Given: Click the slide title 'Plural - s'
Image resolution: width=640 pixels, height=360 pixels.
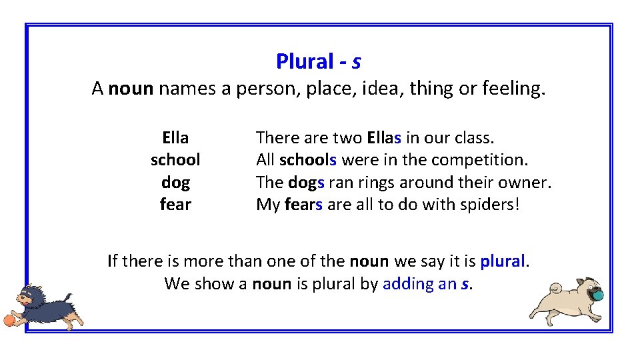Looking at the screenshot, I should click(319, 61).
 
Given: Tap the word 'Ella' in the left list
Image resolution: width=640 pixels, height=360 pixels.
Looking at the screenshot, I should click(175, 138).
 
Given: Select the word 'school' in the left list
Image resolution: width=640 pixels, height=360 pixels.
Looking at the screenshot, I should click(175, 160).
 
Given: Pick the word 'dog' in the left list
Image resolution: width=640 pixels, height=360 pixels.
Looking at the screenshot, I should click(175, 182).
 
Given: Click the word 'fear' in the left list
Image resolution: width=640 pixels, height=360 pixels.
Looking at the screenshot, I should click(175, 204).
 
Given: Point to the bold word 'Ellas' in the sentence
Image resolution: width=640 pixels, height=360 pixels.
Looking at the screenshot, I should click(384, 138).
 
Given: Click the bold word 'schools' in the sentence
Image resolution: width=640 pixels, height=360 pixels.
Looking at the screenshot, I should click(308, 160).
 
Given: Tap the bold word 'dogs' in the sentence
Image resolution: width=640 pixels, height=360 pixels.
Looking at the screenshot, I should click(306, 182).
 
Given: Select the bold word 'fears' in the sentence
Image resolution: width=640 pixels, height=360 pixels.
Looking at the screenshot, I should click(303, 204).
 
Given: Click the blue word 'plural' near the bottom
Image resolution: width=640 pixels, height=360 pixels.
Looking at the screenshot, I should click(503, 261).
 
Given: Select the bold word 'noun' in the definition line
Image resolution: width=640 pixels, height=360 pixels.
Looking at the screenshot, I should click(131, 88).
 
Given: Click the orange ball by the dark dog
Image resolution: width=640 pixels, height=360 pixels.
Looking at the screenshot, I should click(9, 321).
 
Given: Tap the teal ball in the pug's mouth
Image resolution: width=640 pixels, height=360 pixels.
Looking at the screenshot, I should click(598, 294).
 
